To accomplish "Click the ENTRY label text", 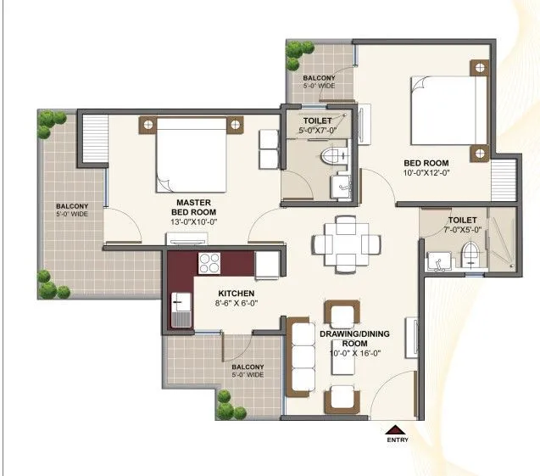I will (x=397, y=440).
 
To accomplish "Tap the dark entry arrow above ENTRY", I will (x=397, y=428).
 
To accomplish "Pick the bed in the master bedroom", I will (x=191, y=155).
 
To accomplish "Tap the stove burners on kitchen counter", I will (x=209, y=261).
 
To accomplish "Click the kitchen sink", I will (x=180, y=309).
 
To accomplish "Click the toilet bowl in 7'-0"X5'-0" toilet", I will (x=470, y=253).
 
